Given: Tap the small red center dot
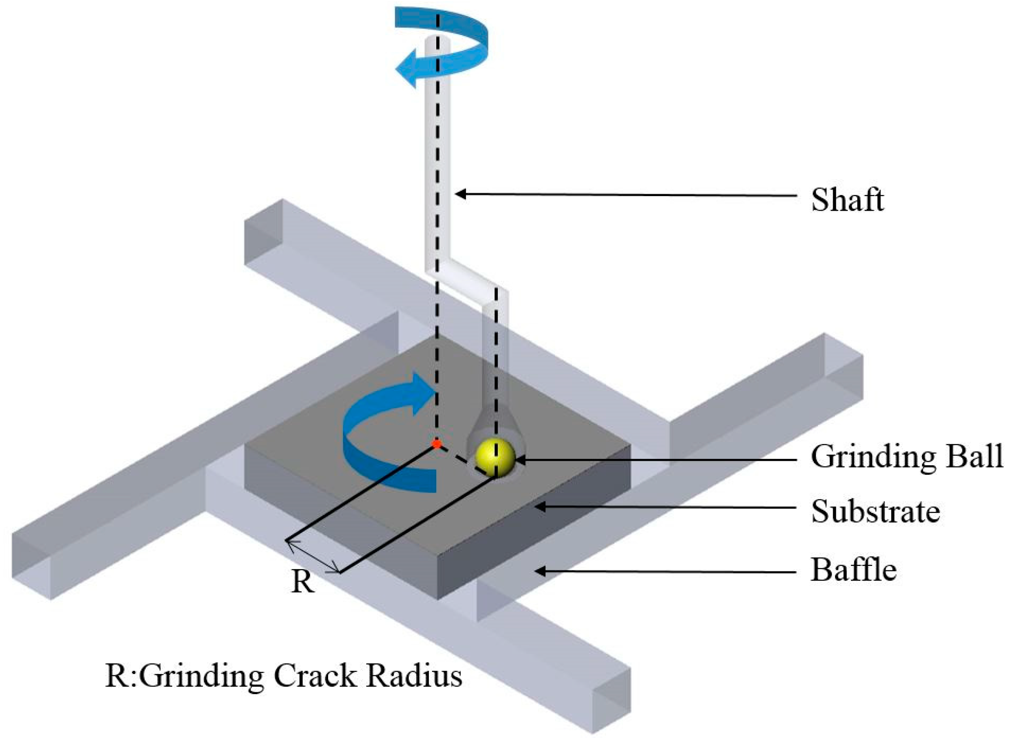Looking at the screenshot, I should click(x=436, y=444).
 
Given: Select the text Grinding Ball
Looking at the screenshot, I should click(x=907, y=457).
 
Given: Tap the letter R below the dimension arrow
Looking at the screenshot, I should click(x=302, y=582).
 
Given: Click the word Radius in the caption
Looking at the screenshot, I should click(x=415, y=677).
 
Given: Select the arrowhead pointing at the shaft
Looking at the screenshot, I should click(x=461, y=195).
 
